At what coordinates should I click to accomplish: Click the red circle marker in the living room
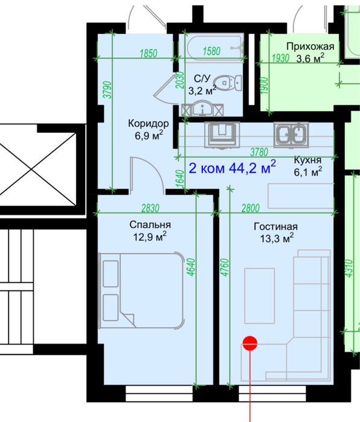[250, 344]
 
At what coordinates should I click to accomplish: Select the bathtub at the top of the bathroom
[214, 44]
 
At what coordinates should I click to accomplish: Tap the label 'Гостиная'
[275, 227]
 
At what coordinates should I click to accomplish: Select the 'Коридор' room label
[147, 123]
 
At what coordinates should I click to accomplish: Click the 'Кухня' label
[307, 161]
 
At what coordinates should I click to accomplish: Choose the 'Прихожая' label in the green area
[310, 46]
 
